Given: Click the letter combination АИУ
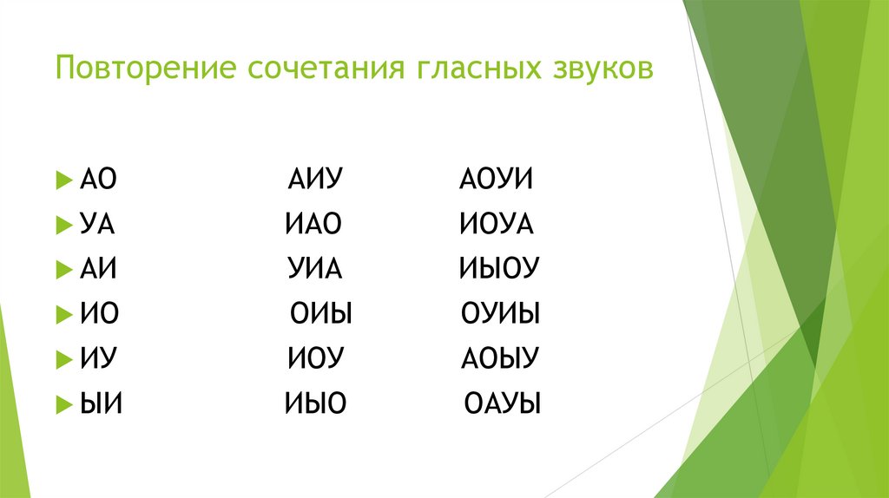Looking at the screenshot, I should point(316,181).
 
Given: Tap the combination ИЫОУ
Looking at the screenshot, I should point(499,270).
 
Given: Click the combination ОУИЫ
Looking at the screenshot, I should point(501,314).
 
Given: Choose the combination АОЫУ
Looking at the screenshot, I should point(500,358).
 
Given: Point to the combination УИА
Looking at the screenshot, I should point(316,270).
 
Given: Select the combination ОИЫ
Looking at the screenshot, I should point(320,314).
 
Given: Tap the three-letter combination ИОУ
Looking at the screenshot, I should point(316,358).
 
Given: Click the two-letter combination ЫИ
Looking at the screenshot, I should point(101,403).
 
